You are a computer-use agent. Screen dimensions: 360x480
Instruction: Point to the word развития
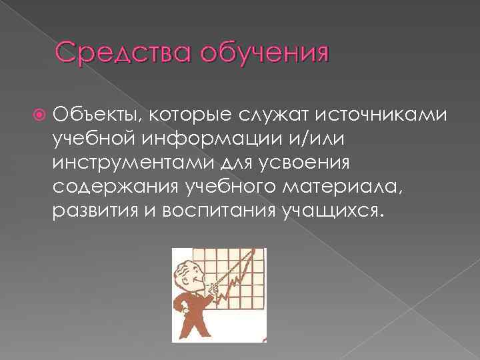pyautogui.click(x=88, y=211)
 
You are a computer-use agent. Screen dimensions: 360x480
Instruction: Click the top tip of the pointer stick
pyautogui.click(x=255, y=251)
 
